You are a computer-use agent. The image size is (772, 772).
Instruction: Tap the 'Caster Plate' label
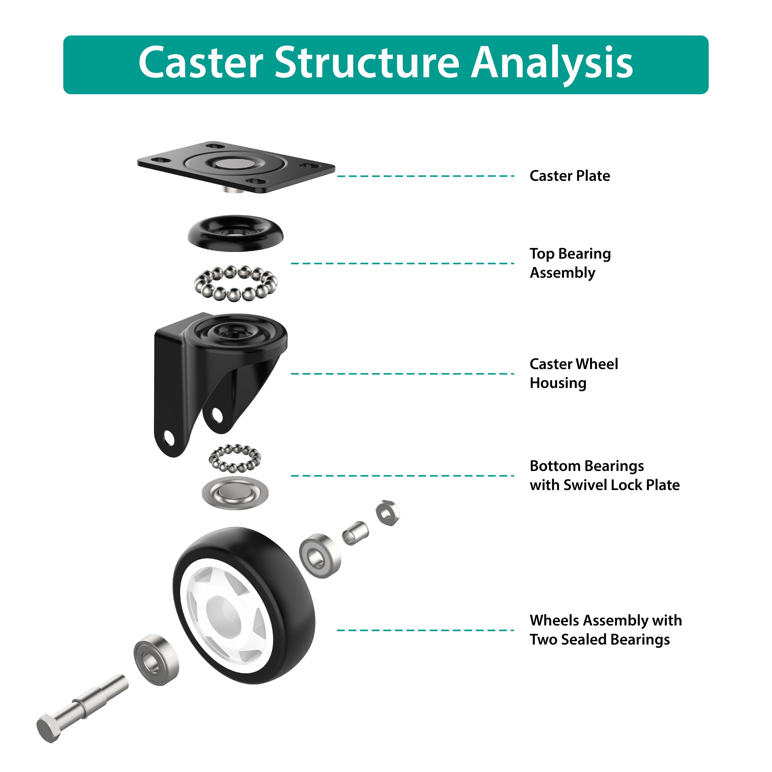pyautogui.click(x=569, y=176)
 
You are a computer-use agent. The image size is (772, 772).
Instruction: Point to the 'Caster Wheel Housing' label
pyautogui.click(x=573, y=373)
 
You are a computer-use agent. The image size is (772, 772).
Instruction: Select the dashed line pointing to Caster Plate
pyautogui.click(x=426, y=176)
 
